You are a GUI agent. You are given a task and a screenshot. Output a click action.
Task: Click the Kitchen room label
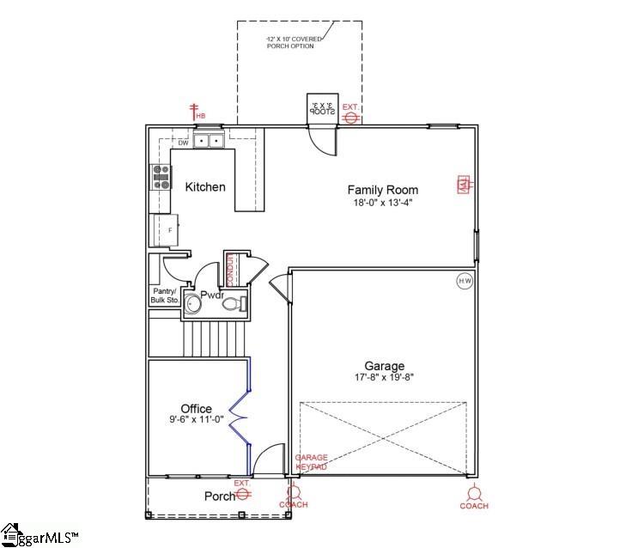coord(205,186)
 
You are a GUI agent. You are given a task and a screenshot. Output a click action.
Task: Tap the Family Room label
coord(382,190)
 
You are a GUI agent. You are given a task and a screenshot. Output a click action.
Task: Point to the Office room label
coord(196,409)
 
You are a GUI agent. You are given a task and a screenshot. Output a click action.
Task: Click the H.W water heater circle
coord(465,281)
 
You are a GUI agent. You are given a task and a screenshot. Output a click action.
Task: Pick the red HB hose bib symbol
coord(196,113)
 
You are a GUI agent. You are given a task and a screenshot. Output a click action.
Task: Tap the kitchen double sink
coord(207,141)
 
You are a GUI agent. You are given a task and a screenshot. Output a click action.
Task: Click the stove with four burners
coord(161,176)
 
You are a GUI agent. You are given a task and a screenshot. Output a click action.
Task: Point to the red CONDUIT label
coord(230,269)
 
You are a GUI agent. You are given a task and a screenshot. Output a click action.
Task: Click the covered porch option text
coord(289,43)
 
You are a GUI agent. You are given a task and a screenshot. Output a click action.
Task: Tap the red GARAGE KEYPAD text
coord(312,462)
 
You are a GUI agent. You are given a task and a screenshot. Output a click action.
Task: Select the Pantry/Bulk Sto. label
coord(165,295)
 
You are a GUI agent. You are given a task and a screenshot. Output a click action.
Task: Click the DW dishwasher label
coord(183,143)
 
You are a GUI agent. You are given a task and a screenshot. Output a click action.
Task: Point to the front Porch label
coord(219,496)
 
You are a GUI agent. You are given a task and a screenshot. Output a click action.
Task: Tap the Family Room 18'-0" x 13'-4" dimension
coord(382,204)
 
